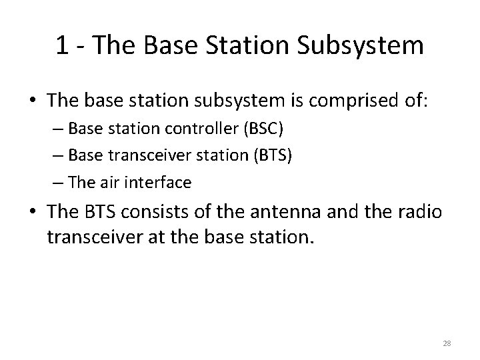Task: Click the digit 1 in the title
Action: (x=62, y=45)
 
